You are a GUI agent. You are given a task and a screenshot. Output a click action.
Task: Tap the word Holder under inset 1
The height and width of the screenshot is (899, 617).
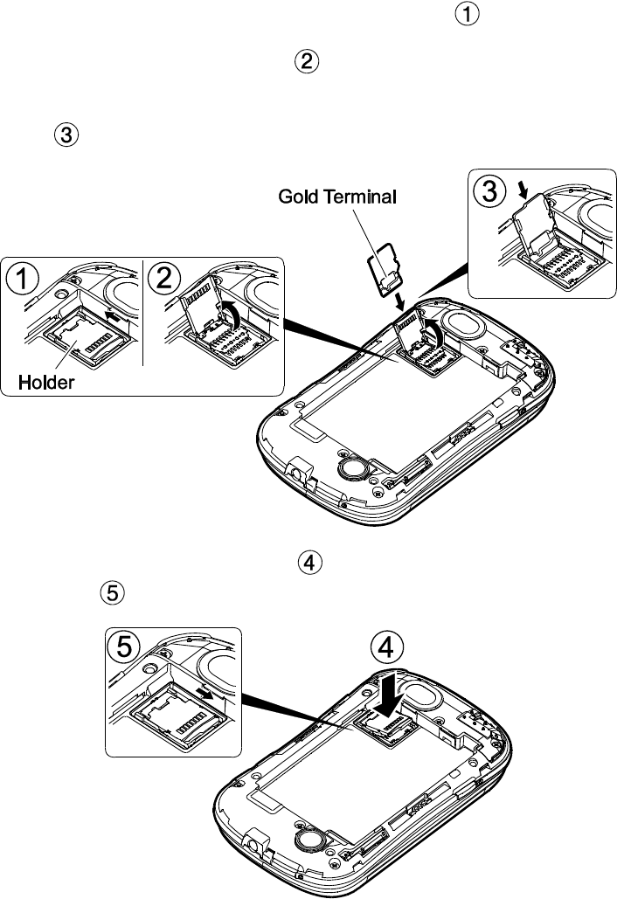pos(48,382)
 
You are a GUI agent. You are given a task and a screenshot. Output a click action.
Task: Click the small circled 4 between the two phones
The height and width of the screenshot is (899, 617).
pos(308,563)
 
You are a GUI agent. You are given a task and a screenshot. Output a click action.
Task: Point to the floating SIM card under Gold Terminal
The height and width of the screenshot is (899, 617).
pos(384,266)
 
